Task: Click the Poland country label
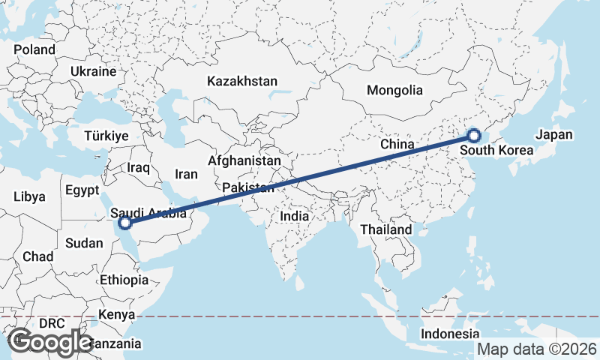(34, 49)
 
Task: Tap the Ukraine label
(93, 71)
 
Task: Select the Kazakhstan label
(243, 81)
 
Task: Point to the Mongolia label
(394, 91)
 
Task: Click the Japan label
(554, 136)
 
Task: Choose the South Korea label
(496, 151)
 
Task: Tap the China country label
(397, 144)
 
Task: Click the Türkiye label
(106, 136)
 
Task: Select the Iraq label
(140, 167)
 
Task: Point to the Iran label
(186, 174)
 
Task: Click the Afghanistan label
(244, 160)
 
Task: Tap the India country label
(295, 216)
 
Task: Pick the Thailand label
(386, 229)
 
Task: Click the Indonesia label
(449, 334)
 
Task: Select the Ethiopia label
(124, 280)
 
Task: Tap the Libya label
(29, 197)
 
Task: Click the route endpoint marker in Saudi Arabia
(125, 223)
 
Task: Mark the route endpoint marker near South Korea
(474, 136)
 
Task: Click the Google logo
(50, 342)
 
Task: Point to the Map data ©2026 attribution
(536, 349)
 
